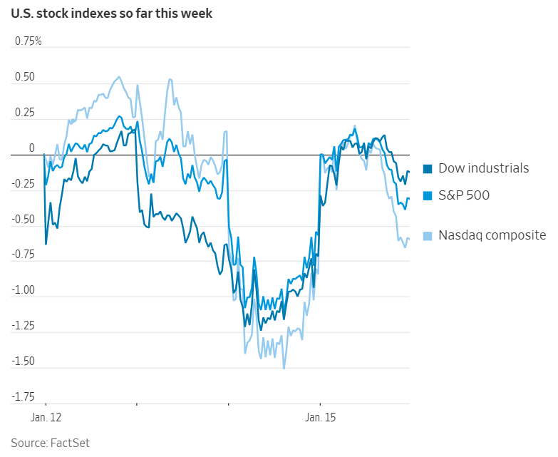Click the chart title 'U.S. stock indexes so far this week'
[111, 14]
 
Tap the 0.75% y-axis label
[29, 41]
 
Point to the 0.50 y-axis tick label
[25, 77]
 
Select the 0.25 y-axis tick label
[25, 113]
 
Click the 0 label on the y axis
[31, 148]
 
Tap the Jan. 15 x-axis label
[320, 416]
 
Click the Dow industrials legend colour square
[428, 169]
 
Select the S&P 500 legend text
[464, 195]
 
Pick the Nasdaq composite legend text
[492, 235]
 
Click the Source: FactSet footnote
[50, 443]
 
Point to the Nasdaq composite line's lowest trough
[284, 369]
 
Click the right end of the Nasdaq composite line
[409, 239]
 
